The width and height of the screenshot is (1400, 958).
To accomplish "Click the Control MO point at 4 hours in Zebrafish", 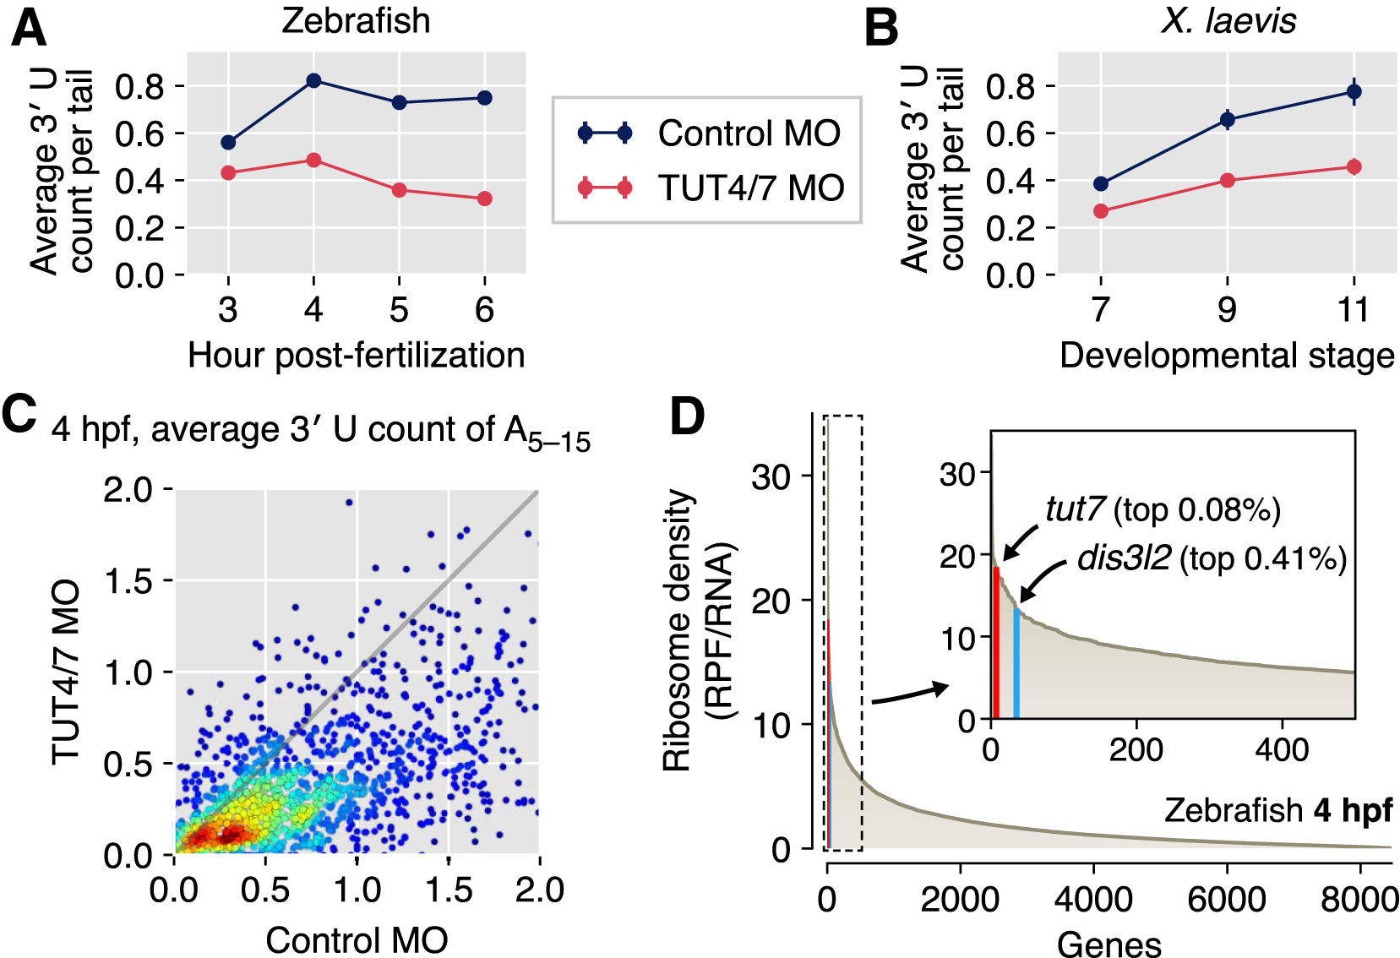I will coord(313,80).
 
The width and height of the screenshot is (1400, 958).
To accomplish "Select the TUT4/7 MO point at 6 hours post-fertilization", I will coord(484,199).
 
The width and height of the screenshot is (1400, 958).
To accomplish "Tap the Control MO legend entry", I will coord(749,133).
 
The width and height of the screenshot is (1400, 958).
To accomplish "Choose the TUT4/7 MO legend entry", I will coord(750,188).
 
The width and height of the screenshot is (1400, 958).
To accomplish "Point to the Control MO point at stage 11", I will coord(1354,91).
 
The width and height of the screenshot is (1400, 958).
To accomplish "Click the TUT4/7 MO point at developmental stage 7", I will coord(1100,211).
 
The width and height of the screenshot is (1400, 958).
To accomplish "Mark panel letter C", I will coord(20,414).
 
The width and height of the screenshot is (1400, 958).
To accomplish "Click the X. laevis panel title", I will coord(1228,20).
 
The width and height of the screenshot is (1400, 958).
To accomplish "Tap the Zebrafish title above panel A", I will coord(356,20).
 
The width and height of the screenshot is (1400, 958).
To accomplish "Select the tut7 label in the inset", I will coord(1074,509).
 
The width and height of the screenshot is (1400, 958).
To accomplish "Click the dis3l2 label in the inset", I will coord(1124,558).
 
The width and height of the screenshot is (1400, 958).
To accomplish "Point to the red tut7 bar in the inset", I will coord(997,642).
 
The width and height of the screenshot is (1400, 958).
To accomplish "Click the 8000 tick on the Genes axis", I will coord(1359,899).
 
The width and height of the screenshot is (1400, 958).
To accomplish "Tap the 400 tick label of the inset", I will coord(1282,749).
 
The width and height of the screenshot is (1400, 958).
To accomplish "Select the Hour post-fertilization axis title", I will coord(356,356).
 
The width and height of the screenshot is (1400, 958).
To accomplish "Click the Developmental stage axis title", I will coord(1227,356).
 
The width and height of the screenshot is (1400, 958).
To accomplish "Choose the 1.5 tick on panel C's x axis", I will coord(448,890).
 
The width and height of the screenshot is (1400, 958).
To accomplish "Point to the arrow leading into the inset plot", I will coord(909,694).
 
